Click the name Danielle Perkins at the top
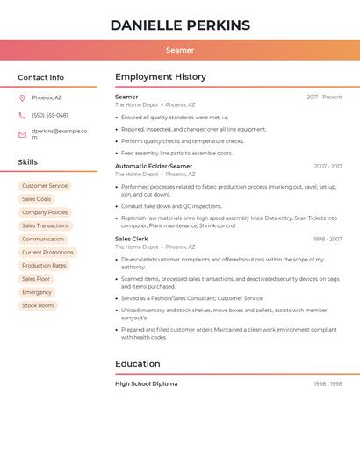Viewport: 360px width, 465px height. tap(180, 25)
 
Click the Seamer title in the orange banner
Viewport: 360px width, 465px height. tap(180, 51)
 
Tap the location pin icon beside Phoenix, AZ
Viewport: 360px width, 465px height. tap(22, 97)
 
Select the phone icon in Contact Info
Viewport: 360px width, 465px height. tap(22, 115)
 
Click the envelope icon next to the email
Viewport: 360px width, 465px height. tap(22, 134)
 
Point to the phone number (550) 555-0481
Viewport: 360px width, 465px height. tap(50, 115)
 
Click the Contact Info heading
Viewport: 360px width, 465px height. tap(41, 77)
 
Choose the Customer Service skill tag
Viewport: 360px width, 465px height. tap(45, 186)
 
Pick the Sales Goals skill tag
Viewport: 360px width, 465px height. tap(37, 199)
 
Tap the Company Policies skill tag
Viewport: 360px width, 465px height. tap(45, 212)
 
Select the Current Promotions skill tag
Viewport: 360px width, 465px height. tap(47, 253)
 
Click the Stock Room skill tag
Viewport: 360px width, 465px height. tap(38, 305)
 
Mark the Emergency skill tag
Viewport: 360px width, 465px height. tap(37, 292)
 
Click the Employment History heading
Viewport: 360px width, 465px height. tap(161, 77)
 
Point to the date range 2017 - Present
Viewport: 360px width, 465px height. tap(324, 97)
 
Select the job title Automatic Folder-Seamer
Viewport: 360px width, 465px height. tap(154, 166)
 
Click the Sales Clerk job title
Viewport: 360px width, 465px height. tap(132, 239)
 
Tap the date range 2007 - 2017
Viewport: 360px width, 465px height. tap(328, 166)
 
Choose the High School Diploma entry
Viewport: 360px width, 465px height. tap(147, 383)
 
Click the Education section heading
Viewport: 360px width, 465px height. tap(138, 363)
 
